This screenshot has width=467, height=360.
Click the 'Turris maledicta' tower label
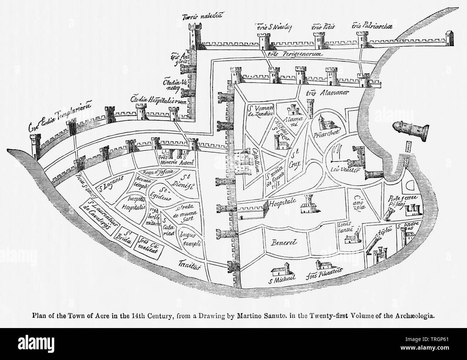(203, 16)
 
